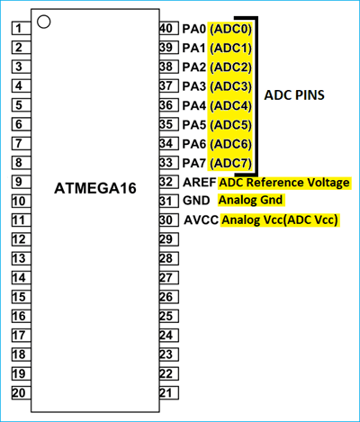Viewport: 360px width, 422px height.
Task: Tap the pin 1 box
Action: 18,28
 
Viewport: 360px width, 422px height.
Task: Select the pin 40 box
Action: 166,28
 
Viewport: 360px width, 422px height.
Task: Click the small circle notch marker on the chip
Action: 44,20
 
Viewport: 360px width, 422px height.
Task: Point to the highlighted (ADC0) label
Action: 230,29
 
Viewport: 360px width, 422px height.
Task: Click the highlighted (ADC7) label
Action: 230,163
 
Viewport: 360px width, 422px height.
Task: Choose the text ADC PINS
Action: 294,95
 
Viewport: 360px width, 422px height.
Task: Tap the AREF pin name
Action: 198,183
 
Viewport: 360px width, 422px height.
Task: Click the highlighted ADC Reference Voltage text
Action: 284,183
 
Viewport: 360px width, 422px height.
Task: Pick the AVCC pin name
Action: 201,220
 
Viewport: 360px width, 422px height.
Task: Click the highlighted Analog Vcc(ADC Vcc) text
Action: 280,220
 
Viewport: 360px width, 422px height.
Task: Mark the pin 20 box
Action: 18,392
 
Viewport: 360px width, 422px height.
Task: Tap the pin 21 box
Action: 166,392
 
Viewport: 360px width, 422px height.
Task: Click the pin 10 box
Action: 18,201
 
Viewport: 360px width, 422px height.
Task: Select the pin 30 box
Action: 166,220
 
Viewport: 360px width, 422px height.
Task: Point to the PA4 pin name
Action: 193,105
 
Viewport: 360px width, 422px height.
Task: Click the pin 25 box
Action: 166,316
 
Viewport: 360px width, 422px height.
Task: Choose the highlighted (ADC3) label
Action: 230,86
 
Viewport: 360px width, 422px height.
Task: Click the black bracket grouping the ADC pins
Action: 256,95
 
